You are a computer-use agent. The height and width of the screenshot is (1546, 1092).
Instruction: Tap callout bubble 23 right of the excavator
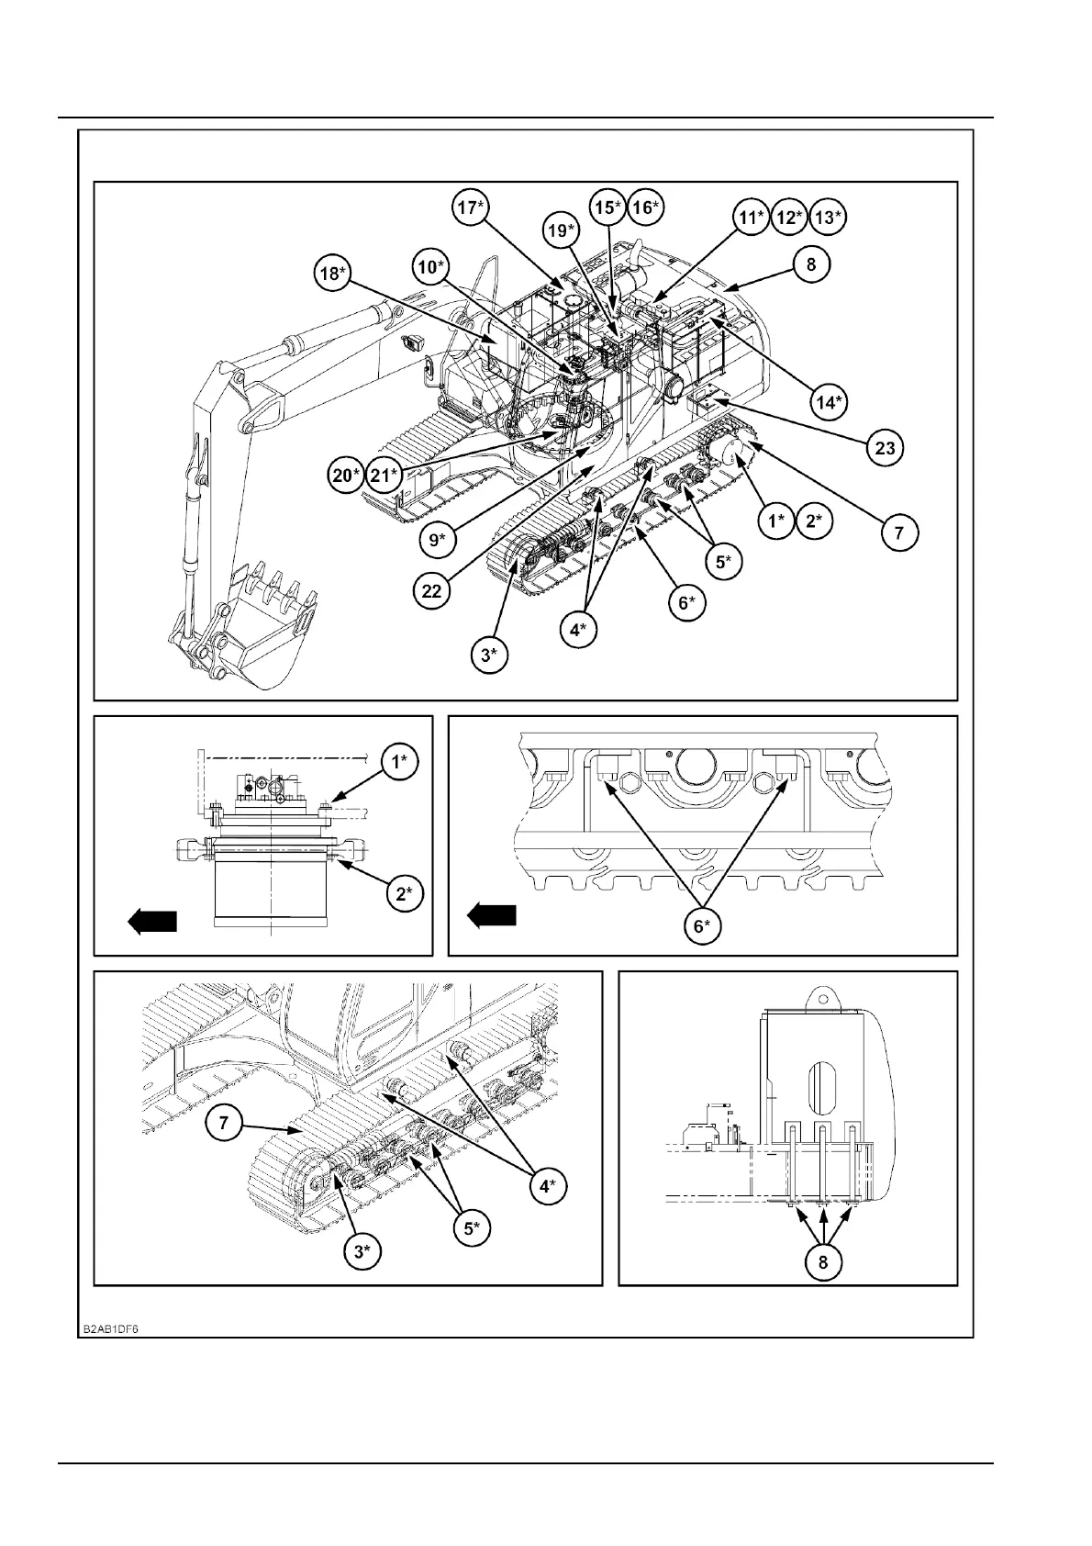885,448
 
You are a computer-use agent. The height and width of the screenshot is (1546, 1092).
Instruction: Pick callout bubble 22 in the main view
431,590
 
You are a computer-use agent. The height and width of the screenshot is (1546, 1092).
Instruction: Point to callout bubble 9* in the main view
437,541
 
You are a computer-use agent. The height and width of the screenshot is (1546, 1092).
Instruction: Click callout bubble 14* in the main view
829,401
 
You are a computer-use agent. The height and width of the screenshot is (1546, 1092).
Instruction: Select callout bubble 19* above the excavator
563,230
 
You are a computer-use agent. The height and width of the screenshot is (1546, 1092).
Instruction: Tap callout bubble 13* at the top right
828,217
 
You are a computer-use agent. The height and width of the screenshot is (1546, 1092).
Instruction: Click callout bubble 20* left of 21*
347,475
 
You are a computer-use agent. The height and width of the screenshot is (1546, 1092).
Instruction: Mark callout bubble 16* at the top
645,207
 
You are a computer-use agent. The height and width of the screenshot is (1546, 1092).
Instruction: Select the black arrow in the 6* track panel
492,915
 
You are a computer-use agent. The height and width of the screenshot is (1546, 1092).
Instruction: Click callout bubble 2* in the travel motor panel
404,893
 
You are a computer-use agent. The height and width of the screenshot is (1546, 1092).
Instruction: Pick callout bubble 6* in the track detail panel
700,927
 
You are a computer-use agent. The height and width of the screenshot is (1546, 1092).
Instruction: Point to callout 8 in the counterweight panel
822,1261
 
